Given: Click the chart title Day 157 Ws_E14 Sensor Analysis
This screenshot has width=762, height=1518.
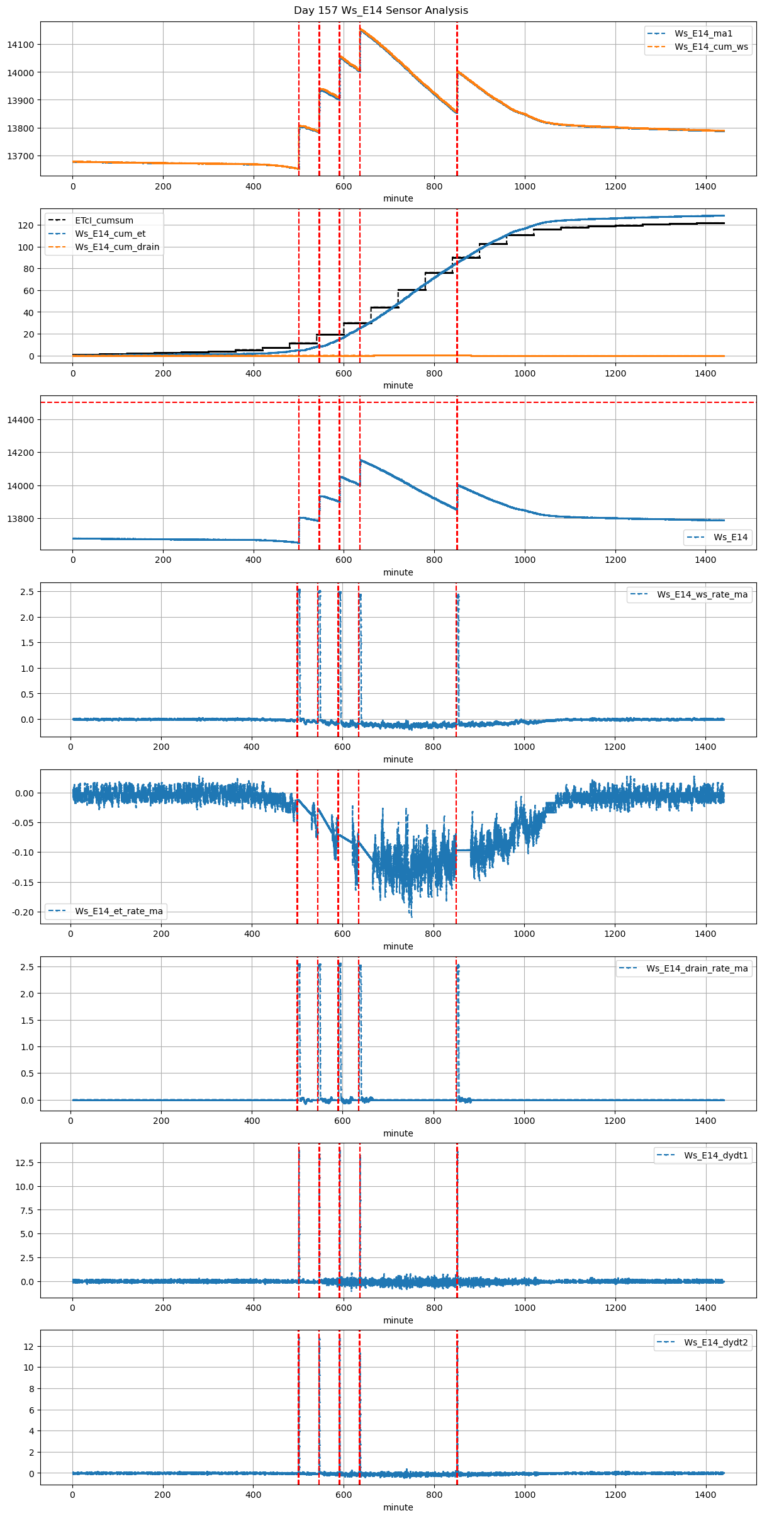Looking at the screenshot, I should tap(381, 10).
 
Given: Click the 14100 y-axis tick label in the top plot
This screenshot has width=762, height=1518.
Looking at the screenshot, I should tap(21, 45).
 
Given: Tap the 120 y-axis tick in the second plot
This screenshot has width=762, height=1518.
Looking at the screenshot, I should tap(26, 225).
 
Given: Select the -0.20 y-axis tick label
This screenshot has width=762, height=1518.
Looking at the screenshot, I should tap(23, 912).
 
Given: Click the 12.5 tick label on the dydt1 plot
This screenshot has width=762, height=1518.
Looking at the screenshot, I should tap(23, 1163).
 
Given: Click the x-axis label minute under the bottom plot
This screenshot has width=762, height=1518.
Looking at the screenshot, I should tap(398, 1507).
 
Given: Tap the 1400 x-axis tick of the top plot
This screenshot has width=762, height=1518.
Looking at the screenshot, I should tap(705, 186).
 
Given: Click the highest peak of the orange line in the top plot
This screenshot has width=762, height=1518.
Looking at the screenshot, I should tap(361, 29).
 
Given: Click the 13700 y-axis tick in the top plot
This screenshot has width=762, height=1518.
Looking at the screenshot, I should tap(21, 156).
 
